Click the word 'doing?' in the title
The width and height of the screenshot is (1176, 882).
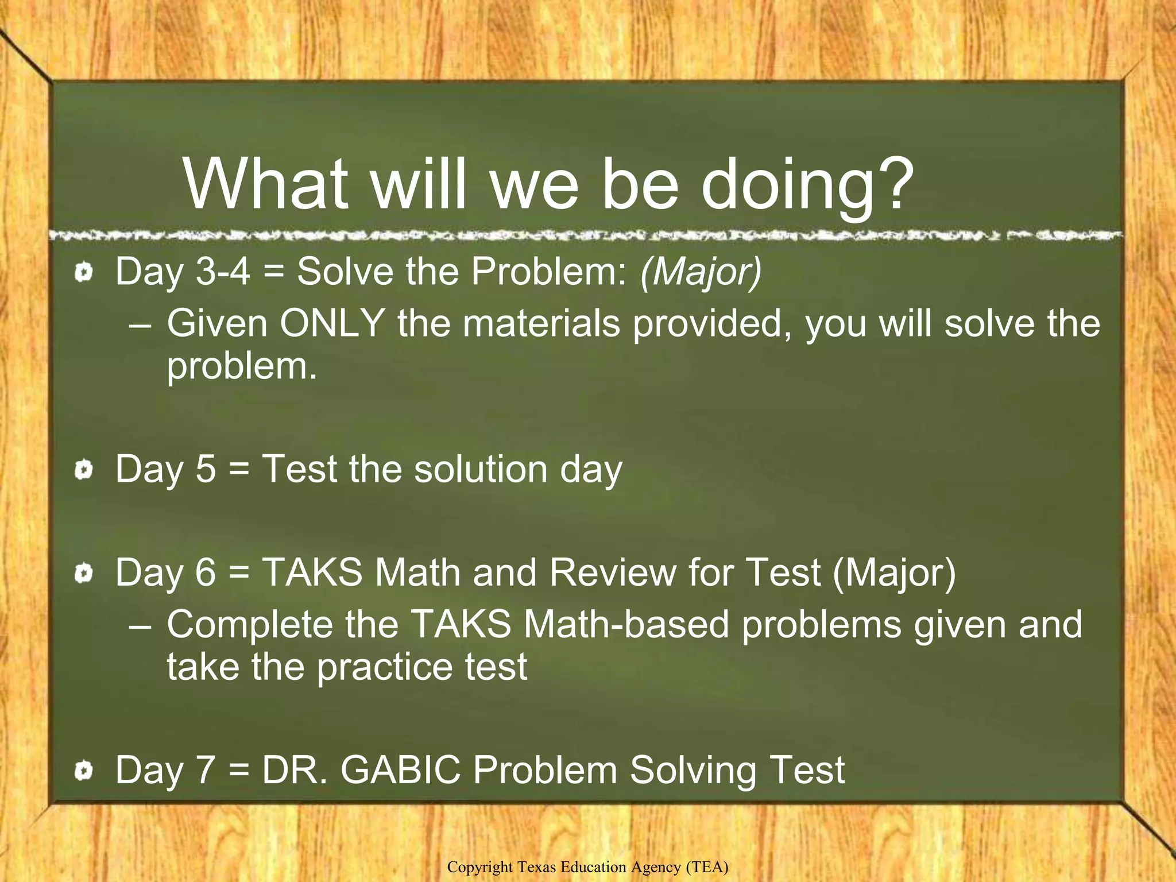coord(806,185)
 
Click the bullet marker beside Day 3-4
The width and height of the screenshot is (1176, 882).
coord(84,272)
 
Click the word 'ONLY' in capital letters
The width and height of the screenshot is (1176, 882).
coord(332,323)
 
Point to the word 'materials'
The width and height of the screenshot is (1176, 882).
coord(541,323)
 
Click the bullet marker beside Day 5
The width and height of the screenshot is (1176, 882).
coord(84,470)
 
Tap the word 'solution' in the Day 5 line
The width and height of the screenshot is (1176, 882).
coord(481,469)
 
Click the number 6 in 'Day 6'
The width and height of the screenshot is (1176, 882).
coord(206,572)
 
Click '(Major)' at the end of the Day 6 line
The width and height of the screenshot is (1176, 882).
coord(894,572)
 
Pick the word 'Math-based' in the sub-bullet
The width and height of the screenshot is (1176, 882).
coord(626,624)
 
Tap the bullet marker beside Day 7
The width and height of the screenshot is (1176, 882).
coord(84,771)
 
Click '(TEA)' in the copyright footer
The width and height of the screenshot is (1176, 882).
coord(707,867)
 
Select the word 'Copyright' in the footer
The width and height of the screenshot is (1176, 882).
coord(480,867)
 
